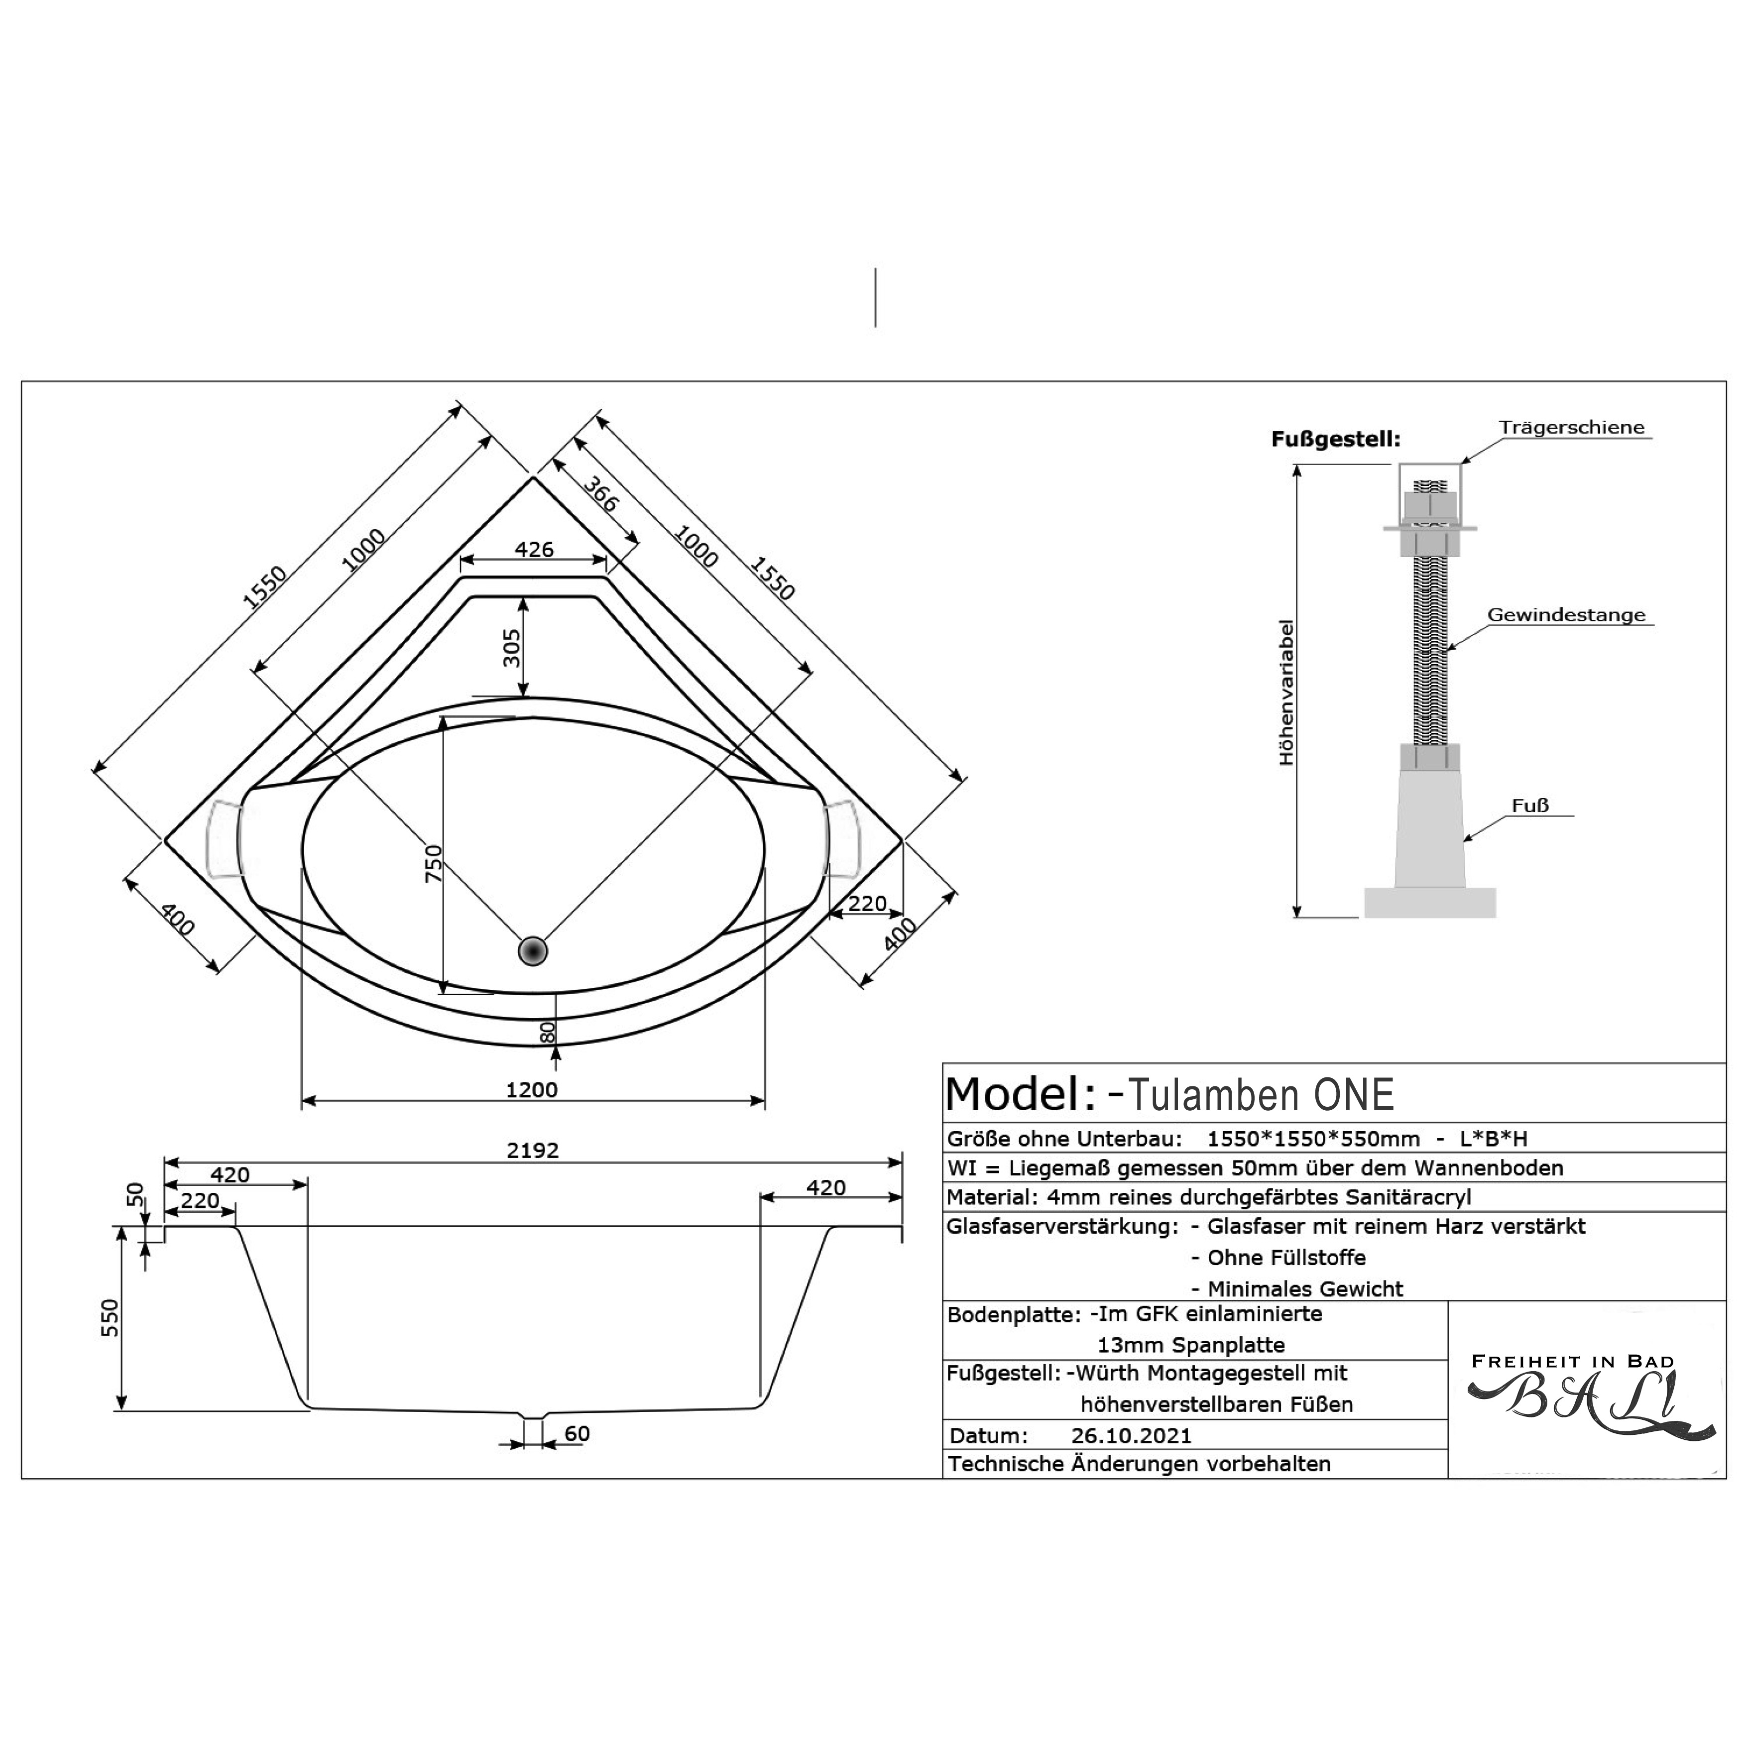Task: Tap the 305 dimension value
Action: tap(511, 647)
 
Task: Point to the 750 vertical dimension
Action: tap(434, 863)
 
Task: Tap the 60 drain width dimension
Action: tap(577, 1433)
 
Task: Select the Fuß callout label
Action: tap(1530, 805)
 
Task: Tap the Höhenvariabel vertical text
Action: tap(1287, 692)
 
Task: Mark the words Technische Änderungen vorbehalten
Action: tap(1139, 1464)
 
